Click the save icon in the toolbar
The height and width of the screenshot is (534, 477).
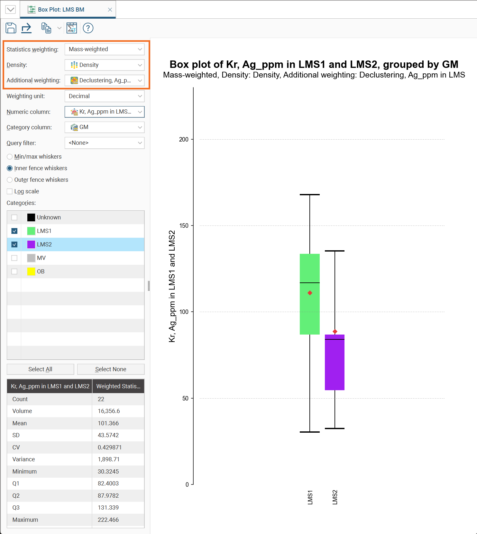(11, 28)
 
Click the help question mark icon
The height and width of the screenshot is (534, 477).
(88, 28)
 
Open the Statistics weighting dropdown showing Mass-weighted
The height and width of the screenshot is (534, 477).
(104, 49)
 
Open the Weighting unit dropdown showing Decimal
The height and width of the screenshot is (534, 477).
(104, 96)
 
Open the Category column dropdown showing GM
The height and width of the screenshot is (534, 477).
(104, 127)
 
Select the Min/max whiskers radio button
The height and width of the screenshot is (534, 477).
(10, 157)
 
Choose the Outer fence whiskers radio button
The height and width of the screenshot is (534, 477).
(10, 180)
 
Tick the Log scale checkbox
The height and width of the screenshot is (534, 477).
(10, 191)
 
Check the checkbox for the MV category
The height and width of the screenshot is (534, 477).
(14, 258)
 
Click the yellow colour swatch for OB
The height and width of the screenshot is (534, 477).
(31, 272)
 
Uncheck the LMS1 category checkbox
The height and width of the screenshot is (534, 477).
(14, 231)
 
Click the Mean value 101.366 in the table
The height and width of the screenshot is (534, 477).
(108, 423)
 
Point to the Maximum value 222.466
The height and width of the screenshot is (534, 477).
(108, 520)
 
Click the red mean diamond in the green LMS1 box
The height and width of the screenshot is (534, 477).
(310, 293)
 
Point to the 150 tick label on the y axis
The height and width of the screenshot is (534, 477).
(184, 226)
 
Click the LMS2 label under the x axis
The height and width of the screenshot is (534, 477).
(335, 497)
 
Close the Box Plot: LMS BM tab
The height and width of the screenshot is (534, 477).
(110, 10)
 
